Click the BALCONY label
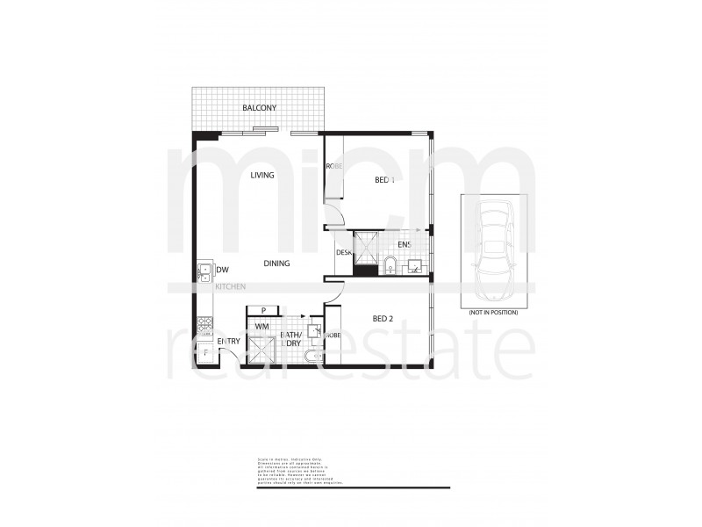[261, 108]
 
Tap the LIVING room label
[261, 175]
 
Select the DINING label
[277, 263]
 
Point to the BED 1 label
[384, 179]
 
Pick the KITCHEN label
[231, 286]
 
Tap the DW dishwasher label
[223, 270]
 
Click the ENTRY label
[229, 342]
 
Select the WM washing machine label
[261, 327]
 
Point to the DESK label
[344, 253]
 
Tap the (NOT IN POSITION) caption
[493, 313]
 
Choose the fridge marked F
[204, 354]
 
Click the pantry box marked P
[263, 310]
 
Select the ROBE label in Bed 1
[333, 167]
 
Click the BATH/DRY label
[290, 339]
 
